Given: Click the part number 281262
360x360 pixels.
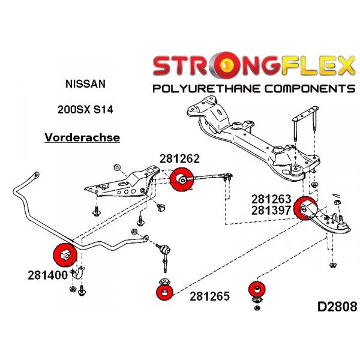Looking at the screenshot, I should click(179, 158).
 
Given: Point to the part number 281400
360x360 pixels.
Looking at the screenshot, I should click(46, 276).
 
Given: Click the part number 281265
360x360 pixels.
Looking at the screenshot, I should click(210, 296).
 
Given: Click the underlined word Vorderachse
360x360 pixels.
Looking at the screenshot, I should click(82, 137).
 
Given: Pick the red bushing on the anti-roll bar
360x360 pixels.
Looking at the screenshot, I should click(64, 254).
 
